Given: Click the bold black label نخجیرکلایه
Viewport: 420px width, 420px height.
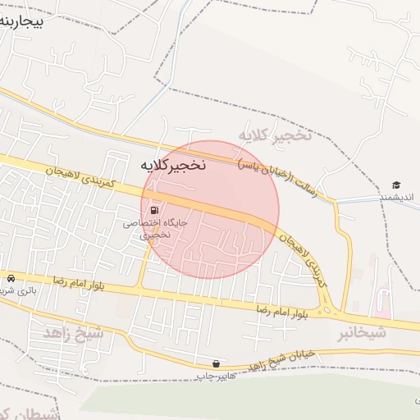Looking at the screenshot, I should [x=173, y=166].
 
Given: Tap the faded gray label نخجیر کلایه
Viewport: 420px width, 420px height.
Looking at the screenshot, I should [x=275, y=134].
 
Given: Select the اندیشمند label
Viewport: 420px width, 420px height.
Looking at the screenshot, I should [x=397, y=198].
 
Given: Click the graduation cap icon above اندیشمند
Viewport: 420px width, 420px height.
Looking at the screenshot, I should [x=396, y=185].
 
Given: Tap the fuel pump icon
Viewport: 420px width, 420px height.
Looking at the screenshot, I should [x=156, y=210].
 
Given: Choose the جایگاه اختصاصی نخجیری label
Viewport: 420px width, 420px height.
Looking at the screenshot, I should [x=156, y=228].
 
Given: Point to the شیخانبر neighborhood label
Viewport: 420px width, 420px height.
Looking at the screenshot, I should [x=362, y=334].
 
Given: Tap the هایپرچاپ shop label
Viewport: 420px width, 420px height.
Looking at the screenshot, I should [x=215, y=376].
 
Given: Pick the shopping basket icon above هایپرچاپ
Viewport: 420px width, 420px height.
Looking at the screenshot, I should [x=215, y=363].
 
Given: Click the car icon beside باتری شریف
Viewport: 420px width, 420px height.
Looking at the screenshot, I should [x=11, y=277].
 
